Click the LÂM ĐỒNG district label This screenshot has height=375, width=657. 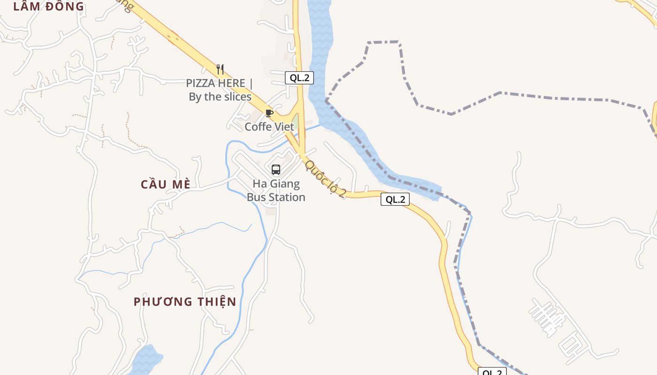(48, 7)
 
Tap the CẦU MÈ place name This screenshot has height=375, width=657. (166, 184)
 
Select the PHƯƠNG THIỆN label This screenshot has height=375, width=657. (185, 301)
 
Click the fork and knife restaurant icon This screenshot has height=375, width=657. (220, 69)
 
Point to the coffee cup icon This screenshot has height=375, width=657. (269, 113)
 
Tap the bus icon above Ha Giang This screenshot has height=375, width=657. (276, 170)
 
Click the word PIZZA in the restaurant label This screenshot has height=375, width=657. (202, 83)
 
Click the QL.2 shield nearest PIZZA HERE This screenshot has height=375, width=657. (299, 78)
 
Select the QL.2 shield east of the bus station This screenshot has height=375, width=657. (395, 200)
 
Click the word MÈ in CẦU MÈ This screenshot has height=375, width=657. (181, 184)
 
